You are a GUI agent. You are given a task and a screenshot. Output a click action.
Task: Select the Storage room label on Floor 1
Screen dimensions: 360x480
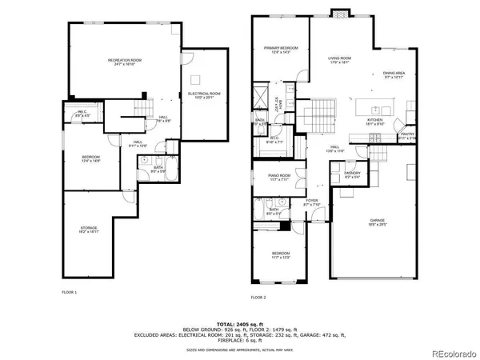(x=88, y=230)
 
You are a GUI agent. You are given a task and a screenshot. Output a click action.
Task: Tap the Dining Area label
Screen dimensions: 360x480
(x=394, y=74)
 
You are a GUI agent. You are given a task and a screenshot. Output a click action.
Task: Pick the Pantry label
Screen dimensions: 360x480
(x=407, y=136)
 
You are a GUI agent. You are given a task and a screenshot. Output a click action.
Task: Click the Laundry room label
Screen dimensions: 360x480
(x=352, y=174)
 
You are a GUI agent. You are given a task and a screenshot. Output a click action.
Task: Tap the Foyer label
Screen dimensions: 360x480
(x=311, y=202)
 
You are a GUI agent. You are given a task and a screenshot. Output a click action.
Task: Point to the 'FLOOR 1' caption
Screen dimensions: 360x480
(x=70, y=292)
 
